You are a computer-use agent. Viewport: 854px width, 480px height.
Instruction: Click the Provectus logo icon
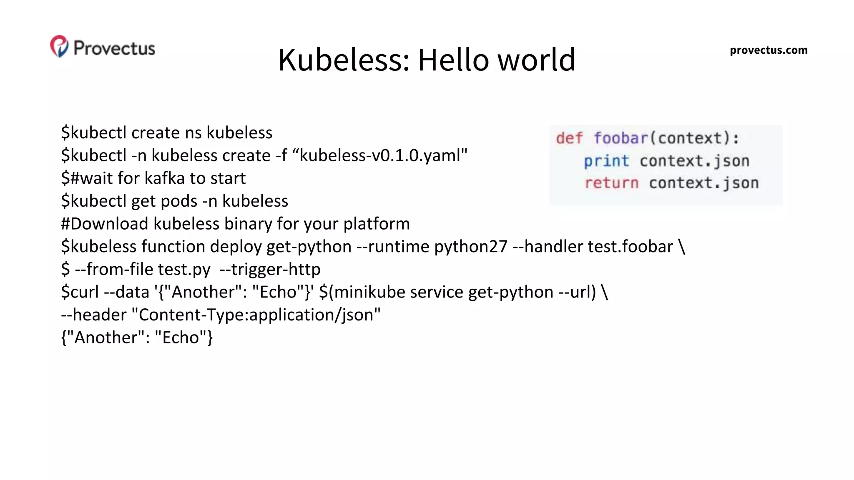pyautogui.click(x=59, y=46)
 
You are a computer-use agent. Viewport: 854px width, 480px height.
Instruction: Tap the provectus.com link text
pyautogui.click(x=768, y=50)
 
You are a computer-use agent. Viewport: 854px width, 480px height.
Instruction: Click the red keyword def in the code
pyautogui.click(x=569, y=138)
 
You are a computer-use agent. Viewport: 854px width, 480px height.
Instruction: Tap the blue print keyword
pyautogui.click(x=606, y=161)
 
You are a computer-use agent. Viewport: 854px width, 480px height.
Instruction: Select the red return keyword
pyautogui.click(x=611, y=183)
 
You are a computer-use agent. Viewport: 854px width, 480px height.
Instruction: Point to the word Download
pyautogui.click(x=109, y=224)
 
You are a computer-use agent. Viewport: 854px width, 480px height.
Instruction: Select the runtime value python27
pyautogui.click(x=471, y=247)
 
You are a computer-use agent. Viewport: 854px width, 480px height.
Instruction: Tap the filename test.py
pyautogui.click(x=184, y=270)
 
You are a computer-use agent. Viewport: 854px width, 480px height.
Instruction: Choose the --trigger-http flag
pyautogui.click(x=270, y=270)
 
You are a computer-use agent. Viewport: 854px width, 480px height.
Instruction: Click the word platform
pyautogui.click(x=377, y=224)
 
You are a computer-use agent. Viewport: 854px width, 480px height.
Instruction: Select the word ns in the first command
pyautogui.click(x=193, y=133)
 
